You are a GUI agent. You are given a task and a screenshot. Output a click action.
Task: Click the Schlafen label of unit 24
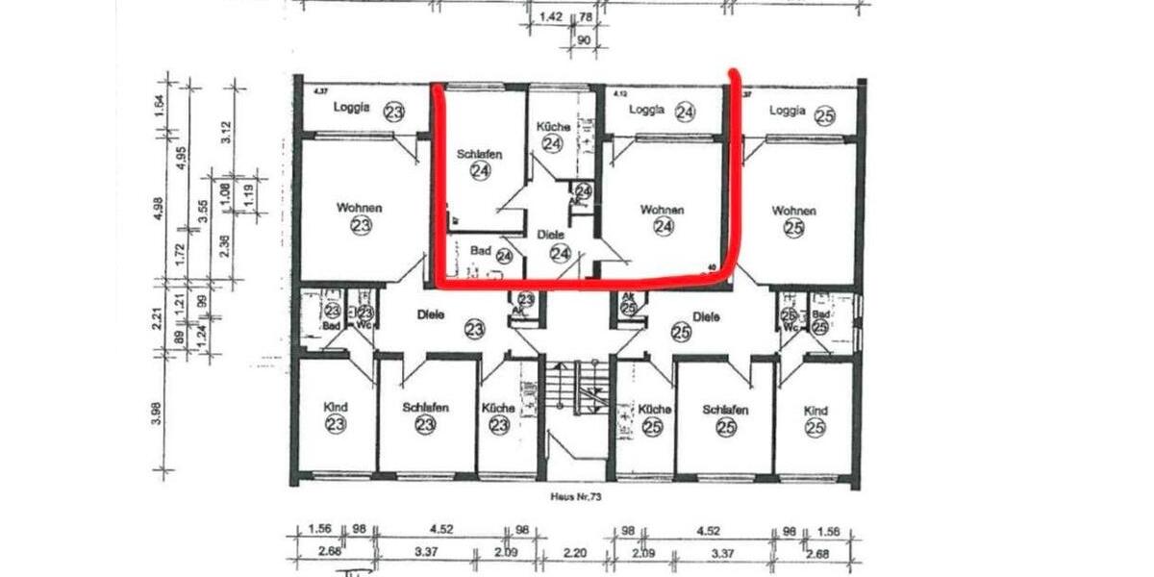tap(480, 154)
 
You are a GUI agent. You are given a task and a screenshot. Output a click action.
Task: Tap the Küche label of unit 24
tap(552, 126)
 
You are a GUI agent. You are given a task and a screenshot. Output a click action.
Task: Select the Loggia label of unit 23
tap(353, 109)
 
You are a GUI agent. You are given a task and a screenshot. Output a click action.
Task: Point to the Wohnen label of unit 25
tap(793, 211)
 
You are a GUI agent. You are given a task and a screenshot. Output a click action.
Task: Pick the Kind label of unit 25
tap(816, 410)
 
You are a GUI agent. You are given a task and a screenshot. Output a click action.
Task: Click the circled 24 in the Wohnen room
tap(663, 227)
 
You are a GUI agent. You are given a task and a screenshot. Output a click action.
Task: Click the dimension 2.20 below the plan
tap(575, 551)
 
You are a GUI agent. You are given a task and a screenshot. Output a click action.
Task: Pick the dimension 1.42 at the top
tap(551, 16)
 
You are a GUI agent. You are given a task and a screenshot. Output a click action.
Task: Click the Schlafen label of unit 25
tap(725, 410)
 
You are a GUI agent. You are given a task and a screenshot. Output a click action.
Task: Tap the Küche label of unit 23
tap(499, 408)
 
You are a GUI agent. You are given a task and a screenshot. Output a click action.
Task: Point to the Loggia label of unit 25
tap(788, 111)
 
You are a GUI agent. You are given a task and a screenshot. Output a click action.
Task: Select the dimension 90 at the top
tap(583, 40)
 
